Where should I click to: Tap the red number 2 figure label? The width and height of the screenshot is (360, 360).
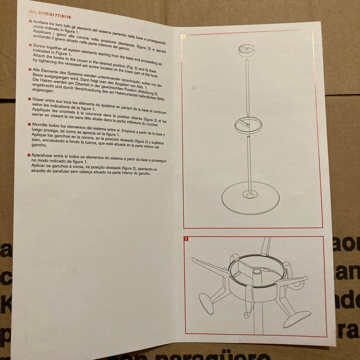[x=186, y=239]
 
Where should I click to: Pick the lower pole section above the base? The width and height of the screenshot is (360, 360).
[x=249, y=164]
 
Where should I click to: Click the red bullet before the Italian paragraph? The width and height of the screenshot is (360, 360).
[x=30, y=21]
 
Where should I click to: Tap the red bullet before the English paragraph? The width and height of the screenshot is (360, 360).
[x=30, y=45]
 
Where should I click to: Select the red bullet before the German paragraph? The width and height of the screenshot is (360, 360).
[x=30, y=69]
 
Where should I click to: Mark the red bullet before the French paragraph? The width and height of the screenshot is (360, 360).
[x=29, y=99]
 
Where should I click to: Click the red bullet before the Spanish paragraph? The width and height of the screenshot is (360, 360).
[x=29, y=124]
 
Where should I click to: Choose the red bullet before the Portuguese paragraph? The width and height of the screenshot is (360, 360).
[x=29, y=155]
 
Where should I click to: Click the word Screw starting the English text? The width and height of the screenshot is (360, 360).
[x=39, y=46]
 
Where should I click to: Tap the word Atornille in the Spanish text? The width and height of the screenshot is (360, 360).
[x=39, y=125]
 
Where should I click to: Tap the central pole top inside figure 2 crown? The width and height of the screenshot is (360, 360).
[x=257, y=272]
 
